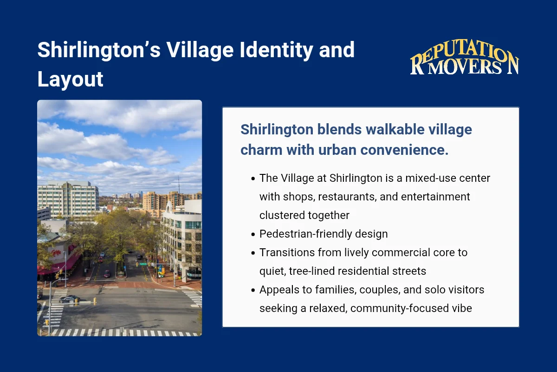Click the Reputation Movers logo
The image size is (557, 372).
pyautogui.click(x=464, y=60)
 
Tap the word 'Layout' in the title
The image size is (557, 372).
pyautogui.click(x=70, y=79)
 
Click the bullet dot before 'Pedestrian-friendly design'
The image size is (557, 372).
pyautogui.click(x=253, y=234)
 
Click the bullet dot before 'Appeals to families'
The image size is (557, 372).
pyautogui.click(x=253, y=290)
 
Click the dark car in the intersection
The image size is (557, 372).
pyautogui.click(x=70, y=299)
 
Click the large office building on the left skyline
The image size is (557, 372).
pyautogui.click(x=68, y=199)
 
